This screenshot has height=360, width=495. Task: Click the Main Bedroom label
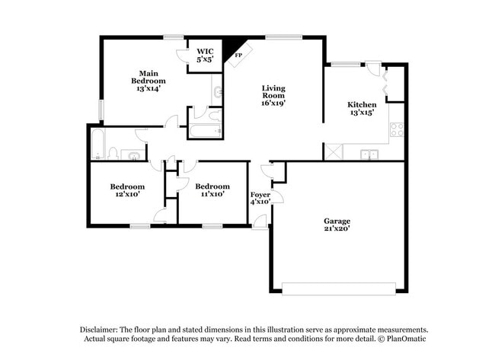click(x=148, y=81)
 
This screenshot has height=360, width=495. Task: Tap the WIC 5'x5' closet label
click(x=204, y=55)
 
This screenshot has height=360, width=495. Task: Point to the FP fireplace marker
click(x=238, y=56)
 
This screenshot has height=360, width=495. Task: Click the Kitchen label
click(x=362, y=110)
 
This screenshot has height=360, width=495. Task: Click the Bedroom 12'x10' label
click(x=127, y=190)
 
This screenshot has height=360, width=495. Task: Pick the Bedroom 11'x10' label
click(x=212, y=190)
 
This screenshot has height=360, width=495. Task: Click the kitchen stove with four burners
click(x=397, y=129)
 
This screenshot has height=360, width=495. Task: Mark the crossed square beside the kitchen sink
click(x=333, y=151)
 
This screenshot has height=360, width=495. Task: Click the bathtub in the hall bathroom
click(x=99, y=144)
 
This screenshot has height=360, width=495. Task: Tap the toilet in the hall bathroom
click(x=113, y=154)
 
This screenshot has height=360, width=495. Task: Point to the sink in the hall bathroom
click(x=133, y=156)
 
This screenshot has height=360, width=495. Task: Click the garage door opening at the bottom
click(x=339, y=288)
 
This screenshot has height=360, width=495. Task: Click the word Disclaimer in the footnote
click(x=103, y=328)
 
